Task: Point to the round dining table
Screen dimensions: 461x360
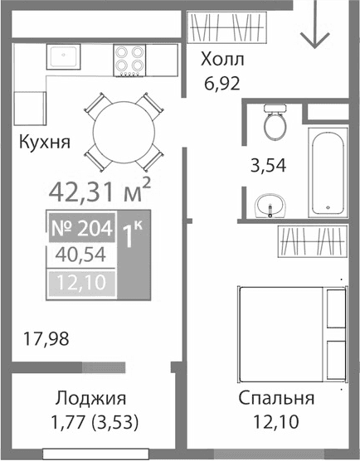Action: (x=122, y=129)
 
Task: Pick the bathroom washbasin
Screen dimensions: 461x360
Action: (x=269, y=204)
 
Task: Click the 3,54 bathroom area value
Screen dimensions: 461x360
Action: (x=268, y=164)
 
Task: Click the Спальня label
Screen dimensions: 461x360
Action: (x=268, y=397)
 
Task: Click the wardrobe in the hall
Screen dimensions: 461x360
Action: (x=228, y=32)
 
